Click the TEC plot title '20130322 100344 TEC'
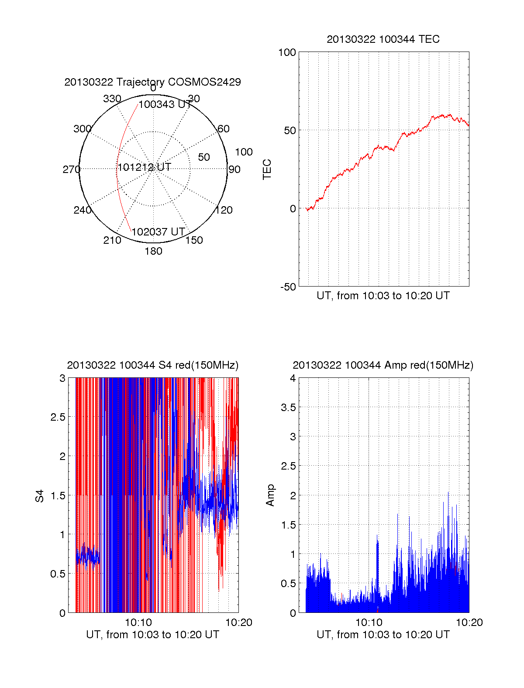pyautogui.click(x=383, y=39)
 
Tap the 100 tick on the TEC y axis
pyautogui.click(x=287, y=53)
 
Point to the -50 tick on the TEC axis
pyautogui.click(x=288, y=287)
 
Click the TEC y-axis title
pyautogui.click(x=267, y=169)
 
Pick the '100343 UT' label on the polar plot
pyautogui.click(x=165, y=105)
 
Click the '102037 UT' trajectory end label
pyautogui.click(x=158, y=232)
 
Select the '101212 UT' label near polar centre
pyautogui.click(x=144, y=167)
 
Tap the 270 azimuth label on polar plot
pyautogui.click(x=71, y=169)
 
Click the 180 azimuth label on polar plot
pyautogui.click(x=153, y=251)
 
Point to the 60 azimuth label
pyautogui.click(x=223, y=129)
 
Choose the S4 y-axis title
pyautogui.click(x=40, y=496)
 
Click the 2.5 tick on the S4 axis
pyautogui.click(x=58, y=417)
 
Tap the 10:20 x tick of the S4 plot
pyautogui.click(x=238, y=622)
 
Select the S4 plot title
pyautogui.click(x=152, y=365)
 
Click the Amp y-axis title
pyautogui.click(x=270, y=495)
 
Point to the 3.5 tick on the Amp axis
pyautogui.click(x=288, y=408)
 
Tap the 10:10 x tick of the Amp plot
pyautogui.click(x=369, y=622)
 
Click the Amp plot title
pyautogui.click(x=383, y=365)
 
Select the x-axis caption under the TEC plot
pyautogui.click(x=383, y=296)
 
